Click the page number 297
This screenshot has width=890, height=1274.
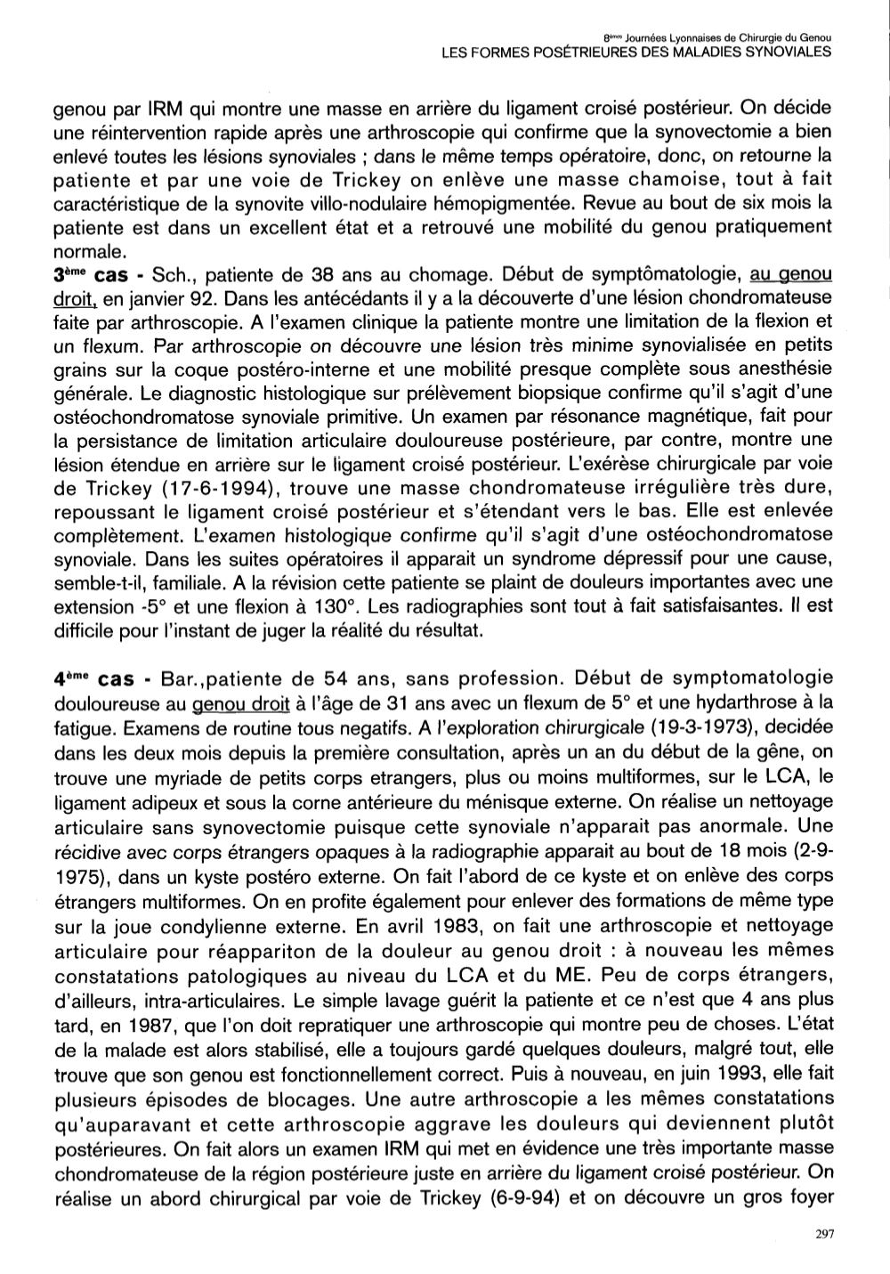[822, 1233]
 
